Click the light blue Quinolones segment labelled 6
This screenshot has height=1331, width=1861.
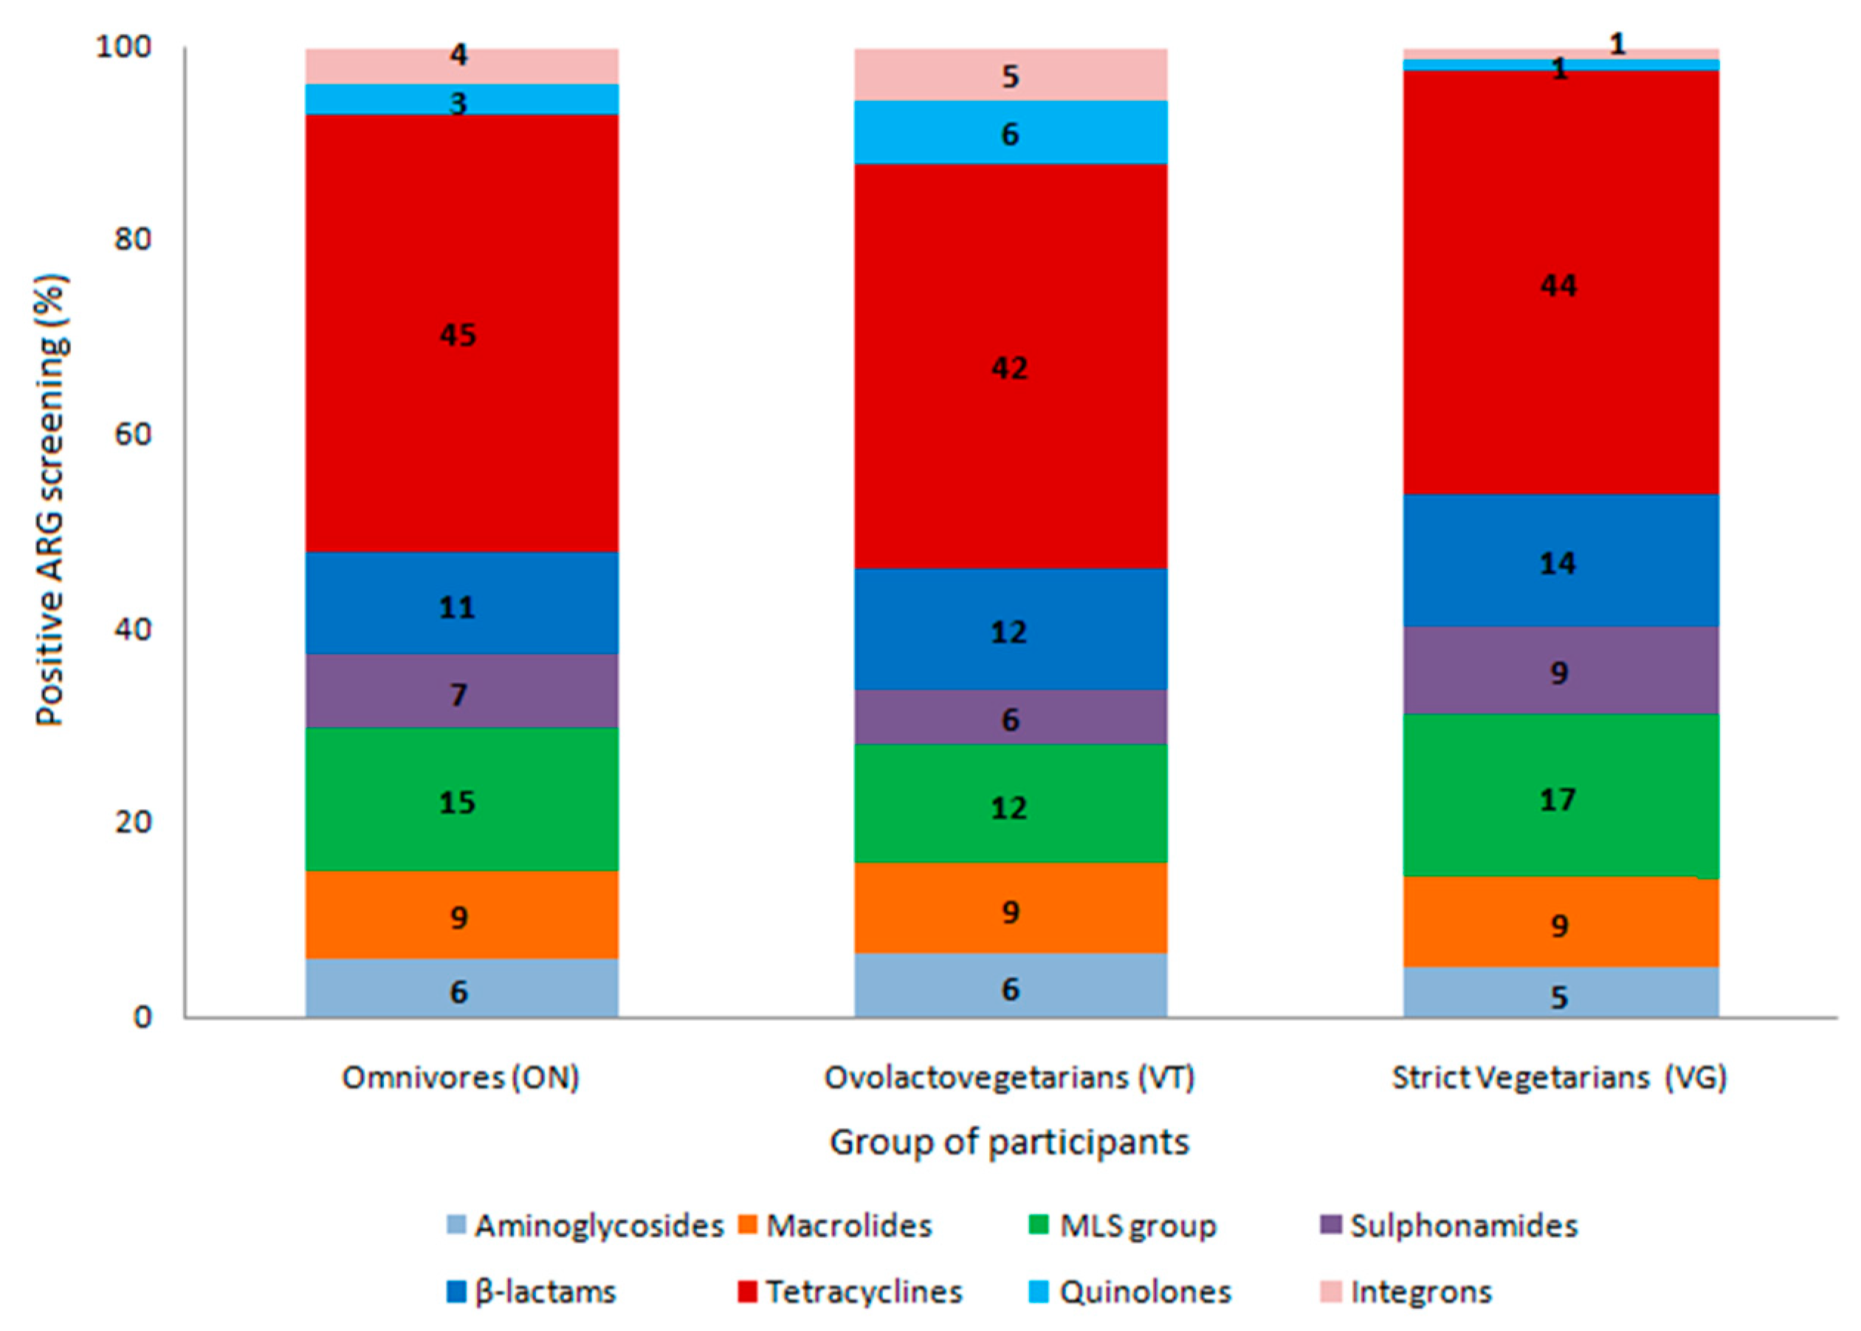click(x=1010, y=132)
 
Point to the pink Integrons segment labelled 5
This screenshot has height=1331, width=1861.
click(x=1010, y=75)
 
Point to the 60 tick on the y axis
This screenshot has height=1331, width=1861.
click(x=134, y=433)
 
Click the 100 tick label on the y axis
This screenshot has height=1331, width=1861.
click(x=125, y=47)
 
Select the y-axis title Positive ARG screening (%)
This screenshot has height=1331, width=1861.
click(x=51, y=500)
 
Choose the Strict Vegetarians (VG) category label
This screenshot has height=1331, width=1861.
click(x=1559, y=1077)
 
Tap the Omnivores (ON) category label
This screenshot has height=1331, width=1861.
click(x=461, y=1077)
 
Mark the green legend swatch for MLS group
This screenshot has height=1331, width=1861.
click(x=1038, y=1225)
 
